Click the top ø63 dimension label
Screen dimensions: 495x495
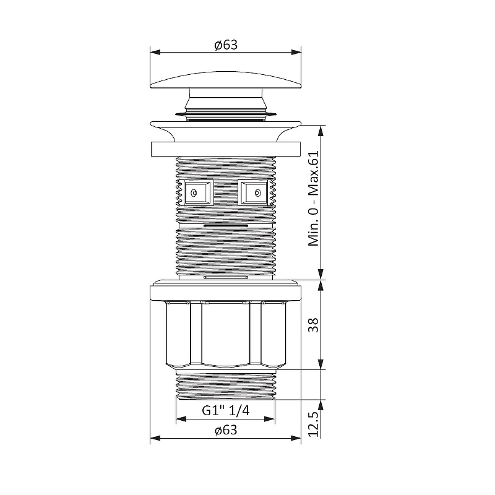click(226, 45)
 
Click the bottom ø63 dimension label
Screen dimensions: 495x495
click(226, 430)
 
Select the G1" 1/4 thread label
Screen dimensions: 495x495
click(226, 410)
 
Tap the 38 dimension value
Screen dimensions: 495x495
click(314, 325)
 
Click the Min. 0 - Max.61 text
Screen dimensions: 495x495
click(314, 198)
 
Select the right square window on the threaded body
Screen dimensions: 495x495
click(253, 192)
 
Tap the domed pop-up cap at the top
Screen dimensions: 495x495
click(226, 80)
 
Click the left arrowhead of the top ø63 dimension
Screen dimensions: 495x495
click(155, 52)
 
